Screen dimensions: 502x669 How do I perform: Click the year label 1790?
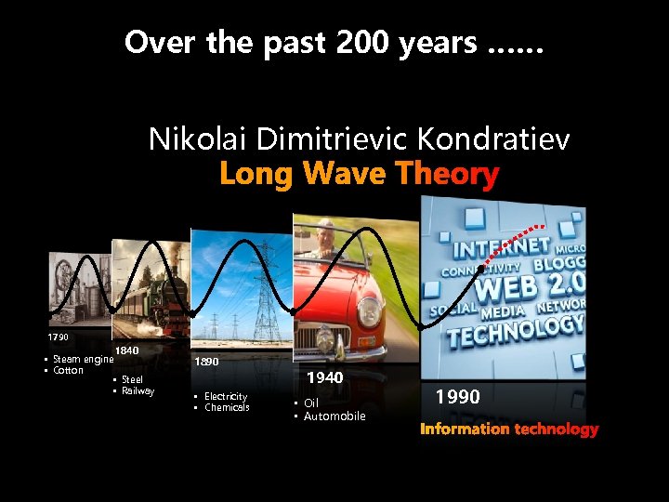59,336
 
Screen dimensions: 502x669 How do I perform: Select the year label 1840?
126,350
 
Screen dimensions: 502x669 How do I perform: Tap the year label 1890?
206,362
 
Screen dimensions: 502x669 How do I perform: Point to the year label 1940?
325,377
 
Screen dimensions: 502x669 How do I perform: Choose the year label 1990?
458,397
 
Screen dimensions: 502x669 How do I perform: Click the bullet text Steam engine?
83,359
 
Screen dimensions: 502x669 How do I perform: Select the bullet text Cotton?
68,370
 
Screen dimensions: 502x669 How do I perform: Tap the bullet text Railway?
138,390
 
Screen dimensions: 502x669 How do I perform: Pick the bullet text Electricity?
225,396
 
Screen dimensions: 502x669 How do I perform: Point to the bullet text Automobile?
334,416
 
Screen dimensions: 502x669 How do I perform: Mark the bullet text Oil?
311,403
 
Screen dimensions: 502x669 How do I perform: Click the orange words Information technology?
509,429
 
